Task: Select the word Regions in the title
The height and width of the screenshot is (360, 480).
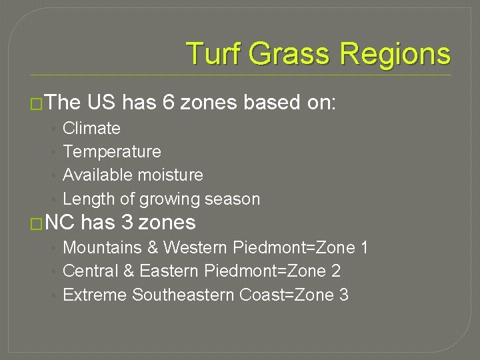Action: (x=395, y=53)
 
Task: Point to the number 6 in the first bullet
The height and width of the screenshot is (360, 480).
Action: (x=167, y=102)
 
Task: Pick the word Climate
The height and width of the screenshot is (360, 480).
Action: (x=91, y=128)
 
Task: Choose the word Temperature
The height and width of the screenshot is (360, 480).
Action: (x=111, y=151)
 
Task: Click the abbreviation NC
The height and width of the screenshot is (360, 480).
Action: (x=61, y=222)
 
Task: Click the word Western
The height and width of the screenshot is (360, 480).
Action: (x=195, y=248)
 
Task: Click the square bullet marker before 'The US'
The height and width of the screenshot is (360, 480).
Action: (x=37, y=103)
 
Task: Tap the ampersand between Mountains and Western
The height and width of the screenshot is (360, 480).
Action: (x=153, y=248)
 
